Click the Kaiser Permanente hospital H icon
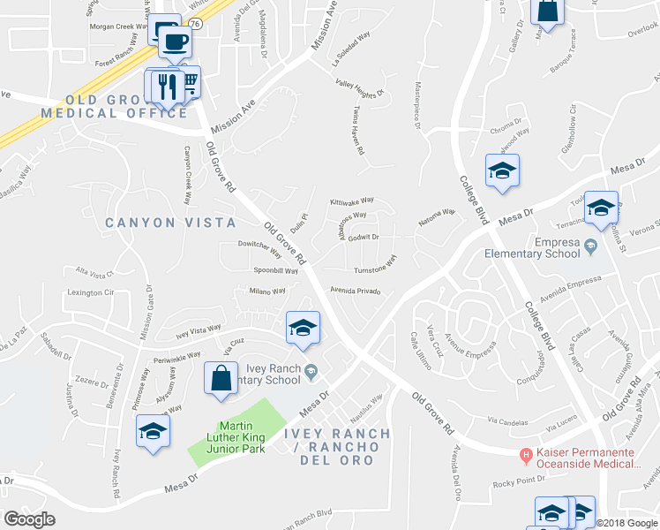(526, 455)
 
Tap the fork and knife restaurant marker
(166, 87)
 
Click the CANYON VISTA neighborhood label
(170, 223)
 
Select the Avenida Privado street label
(356, 290)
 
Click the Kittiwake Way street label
(352, 201)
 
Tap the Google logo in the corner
(29, 519)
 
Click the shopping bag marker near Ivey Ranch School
(221, 377)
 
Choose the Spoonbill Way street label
(275, 270)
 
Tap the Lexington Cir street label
(92, 291)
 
